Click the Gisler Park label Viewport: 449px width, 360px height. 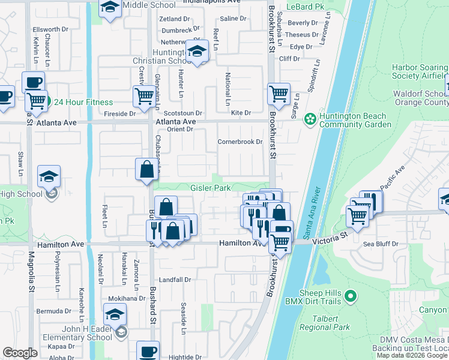[x=210, y=188]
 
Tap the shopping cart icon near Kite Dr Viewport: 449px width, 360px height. [x=279, y=94]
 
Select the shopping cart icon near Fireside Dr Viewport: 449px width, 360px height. [x=144, y=96]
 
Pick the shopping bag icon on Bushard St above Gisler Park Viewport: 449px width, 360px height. [x=146, y=170]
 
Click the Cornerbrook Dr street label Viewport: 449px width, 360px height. [x=241, y=142]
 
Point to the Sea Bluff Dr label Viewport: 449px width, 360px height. [x=381, y=244]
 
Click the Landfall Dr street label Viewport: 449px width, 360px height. [x=175, y=280]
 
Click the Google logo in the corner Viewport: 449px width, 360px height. [x=20, y=353]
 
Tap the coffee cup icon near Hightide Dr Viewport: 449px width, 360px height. [x=148, y=352]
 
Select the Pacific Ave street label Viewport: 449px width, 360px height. [x=393, y=174]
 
